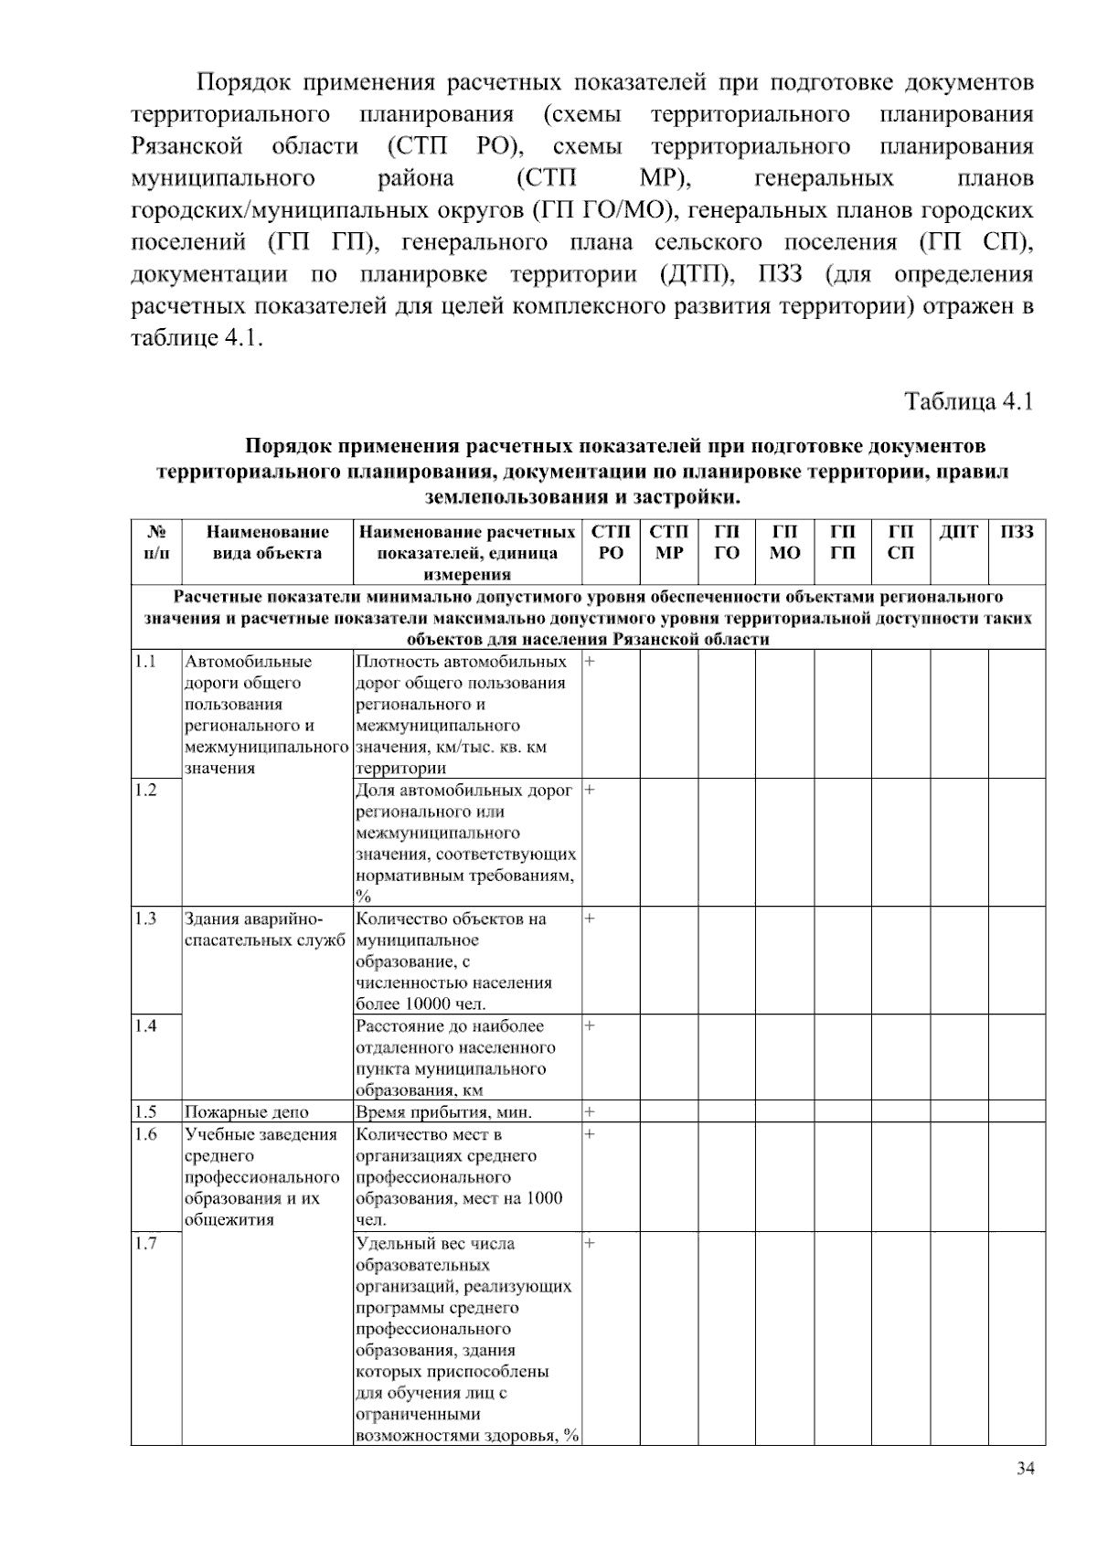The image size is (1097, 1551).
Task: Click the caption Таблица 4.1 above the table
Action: point(968,401)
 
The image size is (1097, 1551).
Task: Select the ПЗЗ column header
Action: point(1017,532)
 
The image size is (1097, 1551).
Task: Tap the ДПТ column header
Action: point(958,532)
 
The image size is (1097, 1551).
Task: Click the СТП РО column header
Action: point(611,542)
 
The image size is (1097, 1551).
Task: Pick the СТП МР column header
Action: point(669,542)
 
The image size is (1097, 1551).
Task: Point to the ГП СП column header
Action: point(900,542)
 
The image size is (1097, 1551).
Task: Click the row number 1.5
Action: point(145,1112)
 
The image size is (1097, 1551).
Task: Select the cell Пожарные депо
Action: point(247,1112)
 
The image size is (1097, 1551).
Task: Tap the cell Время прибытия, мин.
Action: point(443,1112)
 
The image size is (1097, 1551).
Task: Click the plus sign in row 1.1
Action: point(590,661)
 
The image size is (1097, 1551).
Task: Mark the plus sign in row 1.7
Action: point(590,1243)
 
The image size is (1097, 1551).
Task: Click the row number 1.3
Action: point(145,919)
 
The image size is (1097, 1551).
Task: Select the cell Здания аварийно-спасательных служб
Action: point(264,930)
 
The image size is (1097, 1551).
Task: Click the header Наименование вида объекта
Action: point(267,542)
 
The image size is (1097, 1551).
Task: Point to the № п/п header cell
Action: point(155,542)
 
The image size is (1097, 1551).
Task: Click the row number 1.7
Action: point(145,1243)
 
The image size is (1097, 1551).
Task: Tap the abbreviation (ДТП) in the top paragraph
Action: point(692,275)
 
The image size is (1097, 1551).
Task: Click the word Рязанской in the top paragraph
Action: point(186,147)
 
